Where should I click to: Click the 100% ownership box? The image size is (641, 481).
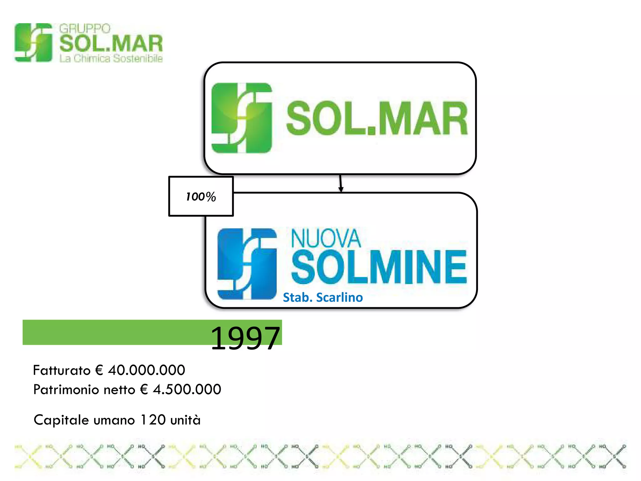(x=201, y=196)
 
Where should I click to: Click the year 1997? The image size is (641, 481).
(x=245, y=338)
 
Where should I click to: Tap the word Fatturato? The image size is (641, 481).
(x=62, y=370)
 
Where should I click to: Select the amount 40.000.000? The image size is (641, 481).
(x=146, y=370)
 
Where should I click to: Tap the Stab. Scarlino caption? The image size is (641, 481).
(x=323, y=297)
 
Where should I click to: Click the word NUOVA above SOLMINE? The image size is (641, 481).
(x=326, y=239)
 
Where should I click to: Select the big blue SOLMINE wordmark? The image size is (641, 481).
(x=379, y=267)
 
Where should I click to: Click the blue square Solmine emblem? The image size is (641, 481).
(x=247, y=264)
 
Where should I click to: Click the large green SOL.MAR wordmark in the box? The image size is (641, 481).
(x=377, y=118)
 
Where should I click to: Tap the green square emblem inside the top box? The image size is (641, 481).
(x=242, y=118)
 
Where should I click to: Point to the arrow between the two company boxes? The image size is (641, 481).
(x=341, y=183)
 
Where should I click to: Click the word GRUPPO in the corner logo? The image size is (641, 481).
(x=85, y=29)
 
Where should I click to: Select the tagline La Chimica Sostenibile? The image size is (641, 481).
(x=111, y=59)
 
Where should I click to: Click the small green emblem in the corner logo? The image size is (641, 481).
(x=33, y=42)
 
